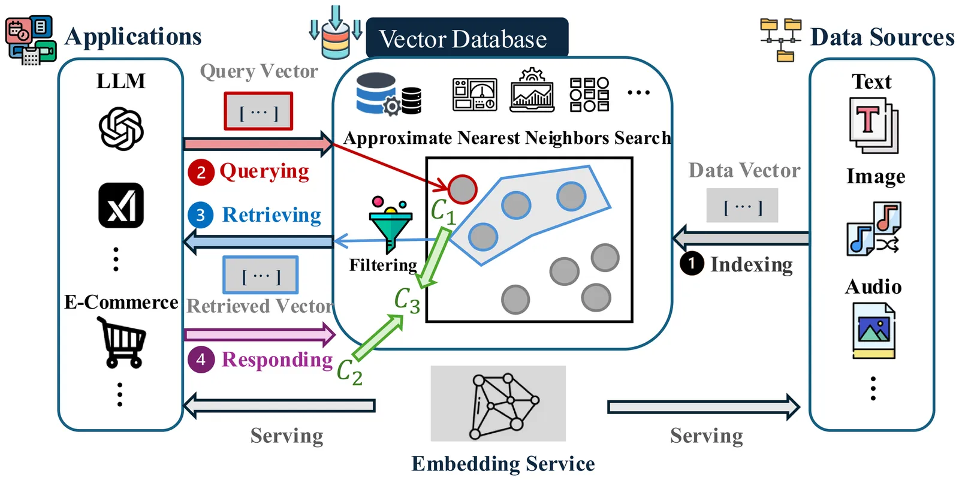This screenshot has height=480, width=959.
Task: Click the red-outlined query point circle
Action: pyautogui.click(x=462, y=189)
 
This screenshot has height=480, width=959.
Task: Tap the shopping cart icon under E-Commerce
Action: pyautogui.click(x=122, y=342)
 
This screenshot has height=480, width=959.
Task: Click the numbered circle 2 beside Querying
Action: pyautogui.click(x=201, y=173)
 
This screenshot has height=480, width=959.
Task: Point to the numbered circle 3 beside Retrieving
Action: pyautogui.click(x=201, y=215)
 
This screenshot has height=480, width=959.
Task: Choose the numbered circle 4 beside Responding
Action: pyautogui.click(x=201, y=360)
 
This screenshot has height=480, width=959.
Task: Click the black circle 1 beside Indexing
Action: pyautogui.click(x=692, y=264)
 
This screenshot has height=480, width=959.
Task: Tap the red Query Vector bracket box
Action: pyautogui.click(x=258, y=111)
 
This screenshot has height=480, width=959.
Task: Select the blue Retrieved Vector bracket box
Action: pyautogui.click(x=261, y=275)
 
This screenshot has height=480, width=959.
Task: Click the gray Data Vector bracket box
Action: pyautogui.click(x=742, y=206)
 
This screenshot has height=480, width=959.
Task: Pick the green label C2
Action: pyautogui.click(x=349, y=372)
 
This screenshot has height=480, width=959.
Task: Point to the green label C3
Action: pyautogui.click(x=407, y=300)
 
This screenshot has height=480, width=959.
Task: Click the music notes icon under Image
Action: pyautogui.click(x=874, y=228)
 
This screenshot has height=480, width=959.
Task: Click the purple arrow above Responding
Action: pyautogui.click(x=260, y=334)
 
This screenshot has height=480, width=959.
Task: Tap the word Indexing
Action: pyautogui.click(x=752, y=265)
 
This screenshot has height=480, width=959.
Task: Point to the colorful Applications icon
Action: pyautogui.click(x=31, y=40)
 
